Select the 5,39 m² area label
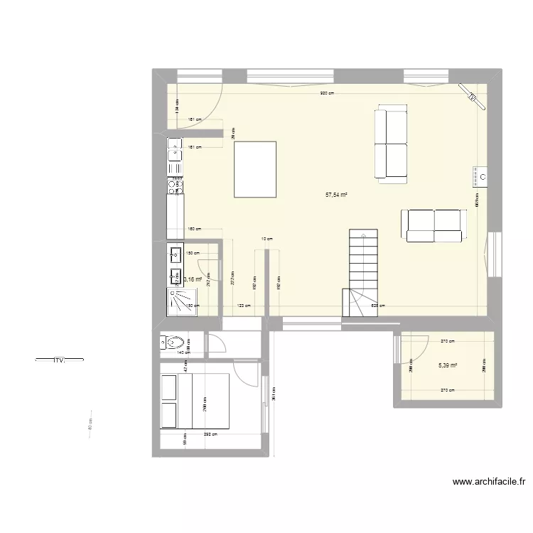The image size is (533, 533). pyautogui.click(x=447, y=365)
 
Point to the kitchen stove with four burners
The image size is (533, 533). pyautogui.click(x=174, y=186)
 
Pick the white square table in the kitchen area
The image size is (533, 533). pyautogui.click(x=255, y=168)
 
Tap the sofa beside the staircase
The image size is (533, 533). pyautogui.click(x=433, y=225)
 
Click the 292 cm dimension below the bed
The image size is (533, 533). pyautogui.click(x=210, y=434)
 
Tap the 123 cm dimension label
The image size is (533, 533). pyautogui.click(x=244, y=306)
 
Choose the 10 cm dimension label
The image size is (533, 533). pyautogui.click(x=266, y=239)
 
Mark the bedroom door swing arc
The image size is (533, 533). pyautogui.click(x=246, y=372)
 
